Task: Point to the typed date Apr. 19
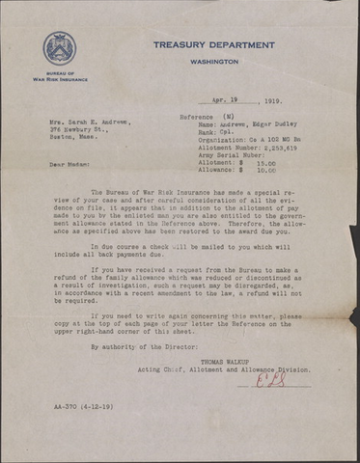225,101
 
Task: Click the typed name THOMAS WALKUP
236,361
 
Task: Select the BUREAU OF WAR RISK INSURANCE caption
59,76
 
